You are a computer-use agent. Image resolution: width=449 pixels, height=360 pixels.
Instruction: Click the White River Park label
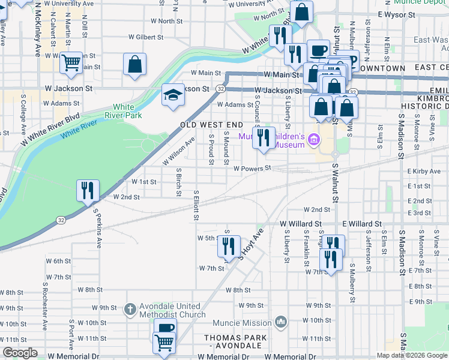coord(123,110)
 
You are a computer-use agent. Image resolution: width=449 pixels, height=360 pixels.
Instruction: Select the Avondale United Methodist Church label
coord(165,310)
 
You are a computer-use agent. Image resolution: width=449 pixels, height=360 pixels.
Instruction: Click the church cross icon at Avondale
coord(129,310)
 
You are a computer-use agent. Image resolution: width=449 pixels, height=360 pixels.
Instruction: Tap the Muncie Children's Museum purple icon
coord(312,141)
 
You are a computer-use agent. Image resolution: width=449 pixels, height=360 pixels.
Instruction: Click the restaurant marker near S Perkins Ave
coord(88,191)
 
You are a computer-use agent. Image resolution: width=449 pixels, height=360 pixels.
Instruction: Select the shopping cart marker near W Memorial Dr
coord(164,343)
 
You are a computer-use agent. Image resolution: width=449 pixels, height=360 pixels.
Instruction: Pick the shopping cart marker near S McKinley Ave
coord(71,61)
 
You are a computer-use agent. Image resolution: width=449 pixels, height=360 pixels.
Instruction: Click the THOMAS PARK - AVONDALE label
coord(235,342)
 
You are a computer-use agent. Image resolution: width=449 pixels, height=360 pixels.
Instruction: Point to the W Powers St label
coord(253,169)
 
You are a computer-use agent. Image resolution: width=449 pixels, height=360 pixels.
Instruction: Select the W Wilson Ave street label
coord(178,152)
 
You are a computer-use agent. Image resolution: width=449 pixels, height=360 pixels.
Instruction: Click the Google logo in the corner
coord(20,353)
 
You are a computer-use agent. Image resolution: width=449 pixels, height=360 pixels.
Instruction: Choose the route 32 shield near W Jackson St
coord(221,89)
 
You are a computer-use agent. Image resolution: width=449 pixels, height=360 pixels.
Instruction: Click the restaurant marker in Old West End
coord(263,138)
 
